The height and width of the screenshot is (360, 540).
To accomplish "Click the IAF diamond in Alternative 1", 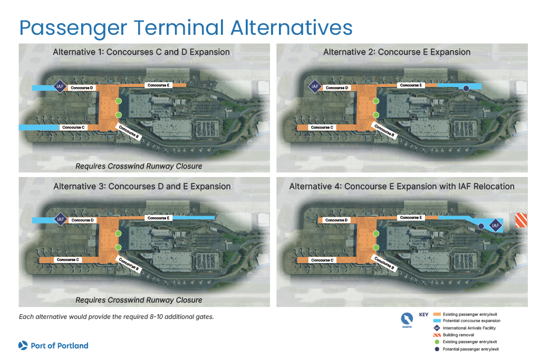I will point(61,86).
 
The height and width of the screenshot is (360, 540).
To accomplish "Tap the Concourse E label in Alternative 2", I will point(410,85).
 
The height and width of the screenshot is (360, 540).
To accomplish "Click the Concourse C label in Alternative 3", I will point(67,259).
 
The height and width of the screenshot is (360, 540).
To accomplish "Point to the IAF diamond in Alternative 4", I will point(495,226).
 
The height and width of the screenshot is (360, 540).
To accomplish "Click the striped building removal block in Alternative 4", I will point(521,220).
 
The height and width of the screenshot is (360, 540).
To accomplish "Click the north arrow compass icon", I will point(408,320).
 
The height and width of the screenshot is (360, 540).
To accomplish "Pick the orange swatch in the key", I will point(435,314).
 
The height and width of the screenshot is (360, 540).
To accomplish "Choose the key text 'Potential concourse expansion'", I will point(471,320).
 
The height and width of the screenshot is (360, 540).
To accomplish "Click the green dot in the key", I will point(435,342).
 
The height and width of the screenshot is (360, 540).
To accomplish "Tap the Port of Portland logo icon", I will point(23,346).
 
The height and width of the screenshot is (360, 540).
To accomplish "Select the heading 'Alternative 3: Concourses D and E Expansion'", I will point(142,186).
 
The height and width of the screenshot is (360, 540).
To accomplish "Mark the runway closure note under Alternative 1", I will point(139,166).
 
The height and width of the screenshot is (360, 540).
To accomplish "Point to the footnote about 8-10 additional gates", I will point(116,317).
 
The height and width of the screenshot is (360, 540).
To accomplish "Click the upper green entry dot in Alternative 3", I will point(119,233).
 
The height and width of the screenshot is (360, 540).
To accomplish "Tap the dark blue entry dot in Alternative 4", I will point(481,226).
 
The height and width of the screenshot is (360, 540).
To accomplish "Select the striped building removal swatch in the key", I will point(435,335).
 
